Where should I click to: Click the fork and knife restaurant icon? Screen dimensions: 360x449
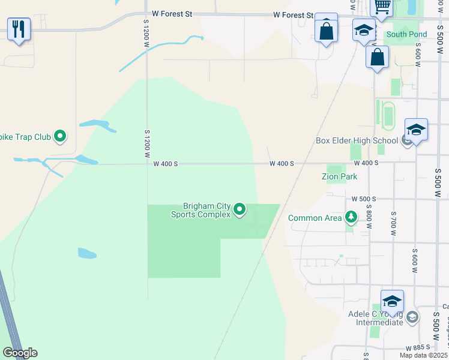pos(19,28)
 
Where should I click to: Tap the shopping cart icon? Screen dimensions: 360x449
pos(382,7)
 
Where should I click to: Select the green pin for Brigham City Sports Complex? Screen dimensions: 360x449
pos(240,209)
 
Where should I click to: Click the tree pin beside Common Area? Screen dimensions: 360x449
pos(351,217)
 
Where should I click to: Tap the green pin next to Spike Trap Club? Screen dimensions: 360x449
pos(59,137)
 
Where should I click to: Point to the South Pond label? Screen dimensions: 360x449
pos(406,34)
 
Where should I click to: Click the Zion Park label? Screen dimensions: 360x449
pos(339,176)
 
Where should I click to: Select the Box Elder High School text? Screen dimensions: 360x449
pos(357,141)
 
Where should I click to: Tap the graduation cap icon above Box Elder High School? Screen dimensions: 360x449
pos(416,129)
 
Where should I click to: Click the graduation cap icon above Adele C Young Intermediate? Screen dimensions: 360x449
pos(392,301)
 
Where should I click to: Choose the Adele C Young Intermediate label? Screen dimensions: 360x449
pos(375,318)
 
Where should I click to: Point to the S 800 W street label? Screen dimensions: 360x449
pos(369,219)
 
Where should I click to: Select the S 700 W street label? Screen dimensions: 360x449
pos(393,221)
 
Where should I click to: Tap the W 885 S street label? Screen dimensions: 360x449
pos(418,347)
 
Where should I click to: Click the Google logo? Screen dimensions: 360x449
pos(20,353)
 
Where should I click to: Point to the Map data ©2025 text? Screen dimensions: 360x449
pos(423,355)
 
